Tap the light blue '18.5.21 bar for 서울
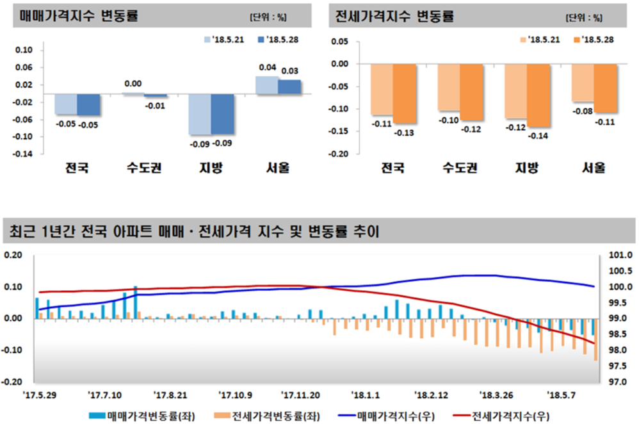[x=266, y=86]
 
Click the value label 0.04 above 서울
[x=267, y=67]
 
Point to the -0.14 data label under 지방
[x=538, y=136]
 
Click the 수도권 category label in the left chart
[x=144, y=169]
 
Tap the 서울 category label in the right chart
[x=594, y=169]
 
